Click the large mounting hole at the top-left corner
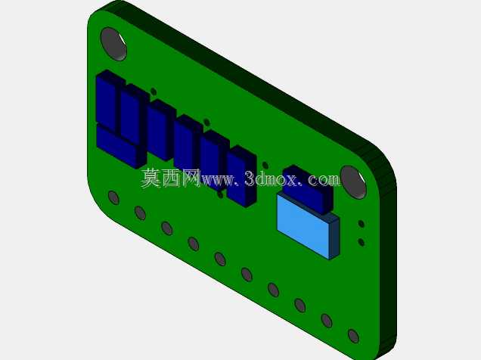pos(113,44)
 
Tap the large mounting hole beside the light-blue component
pos(353,182)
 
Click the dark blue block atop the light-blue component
pos(308,189)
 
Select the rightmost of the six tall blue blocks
pos(242,177)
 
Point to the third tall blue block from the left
pos(161,130)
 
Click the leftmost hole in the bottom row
pos(113,197)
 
